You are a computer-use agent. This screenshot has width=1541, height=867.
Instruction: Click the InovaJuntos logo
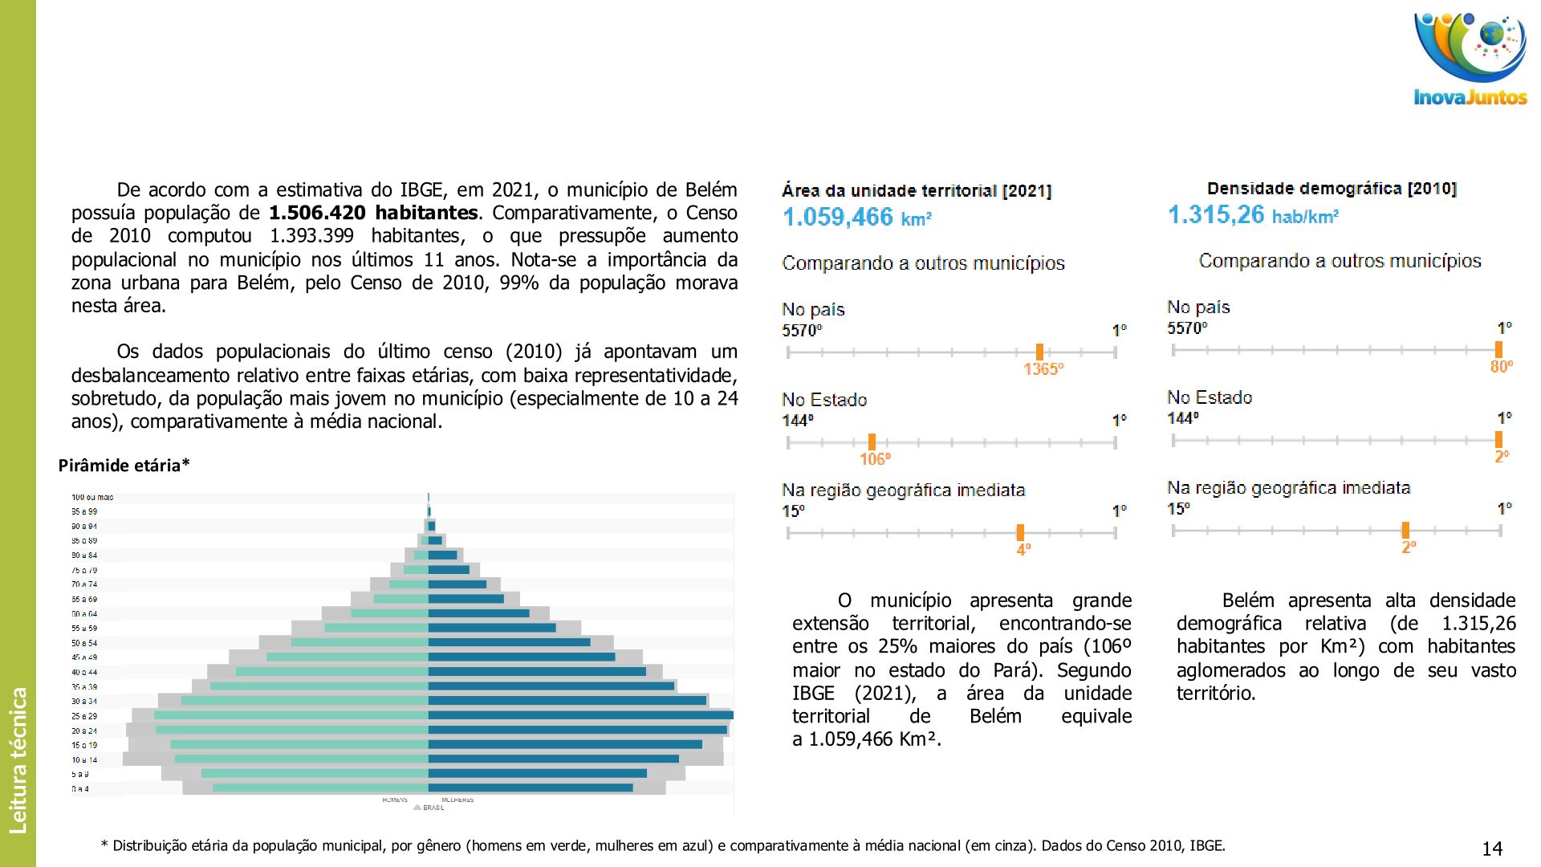(1470, 60)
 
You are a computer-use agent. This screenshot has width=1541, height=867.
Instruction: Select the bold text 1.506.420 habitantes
(373, 213)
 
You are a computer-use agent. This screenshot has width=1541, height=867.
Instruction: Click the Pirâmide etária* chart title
(124, 466)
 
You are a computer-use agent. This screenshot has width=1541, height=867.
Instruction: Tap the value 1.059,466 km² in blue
(856, 218)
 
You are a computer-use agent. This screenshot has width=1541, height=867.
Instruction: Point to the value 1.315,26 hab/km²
(1252, 215)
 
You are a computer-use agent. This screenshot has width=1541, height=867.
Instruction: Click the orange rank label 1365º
(1043, 369)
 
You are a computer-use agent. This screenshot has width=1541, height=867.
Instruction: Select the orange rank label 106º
(874, 459)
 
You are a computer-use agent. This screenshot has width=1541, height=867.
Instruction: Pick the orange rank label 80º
(1501, 367)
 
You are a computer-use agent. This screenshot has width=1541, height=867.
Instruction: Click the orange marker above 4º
(1020, 532)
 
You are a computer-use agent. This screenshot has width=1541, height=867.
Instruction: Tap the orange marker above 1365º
(1039, 352)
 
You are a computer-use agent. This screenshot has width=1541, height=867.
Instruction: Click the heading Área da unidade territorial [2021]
(917, 191)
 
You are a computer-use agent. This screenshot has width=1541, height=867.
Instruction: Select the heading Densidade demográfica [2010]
(1332, 189)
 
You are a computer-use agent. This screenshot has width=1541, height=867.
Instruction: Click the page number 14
(1492, 849)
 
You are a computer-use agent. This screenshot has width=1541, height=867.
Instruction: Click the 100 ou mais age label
(92, 498)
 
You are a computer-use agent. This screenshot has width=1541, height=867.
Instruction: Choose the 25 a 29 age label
(84, 716)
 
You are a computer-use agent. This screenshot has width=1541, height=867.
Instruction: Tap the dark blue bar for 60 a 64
(478, 613)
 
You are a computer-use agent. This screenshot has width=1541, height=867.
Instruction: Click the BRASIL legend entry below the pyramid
(433, 808)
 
